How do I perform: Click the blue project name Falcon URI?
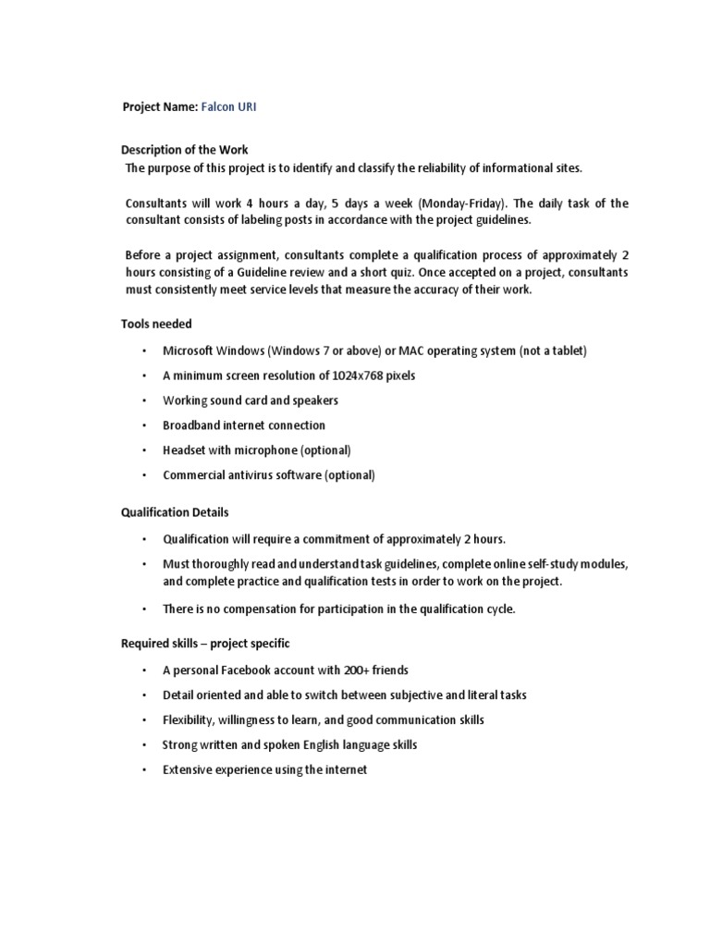click(x=228, y=107)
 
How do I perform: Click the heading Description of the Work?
click(x=185, y=150)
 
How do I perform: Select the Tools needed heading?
click(x=156, y=324)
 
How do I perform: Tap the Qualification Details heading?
click(x=175, y=511)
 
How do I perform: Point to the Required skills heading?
click(x=205, y=643)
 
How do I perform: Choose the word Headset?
click(x=183, y=450)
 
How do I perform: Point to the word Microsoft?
click(x=189, y=351)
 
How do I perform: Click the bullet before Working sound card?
click(x=144, y=400)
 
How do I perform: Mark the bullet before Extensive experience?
click(x=144, y=769)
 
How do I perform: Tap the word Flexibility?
click(x=190, y=719)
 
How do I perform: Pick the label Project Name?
click(x=159, y=107)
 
